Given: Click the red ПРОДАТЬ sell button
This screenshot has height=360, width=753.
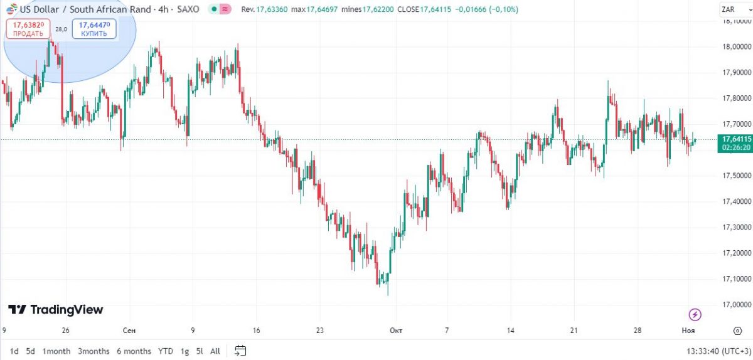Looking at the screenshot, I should (28, 29).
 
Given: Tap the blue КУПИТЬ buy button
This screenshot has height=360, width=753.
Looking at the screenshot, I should (94, 29).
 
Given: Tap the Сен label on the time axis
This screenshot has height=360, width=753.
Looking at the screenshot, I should (129, 331).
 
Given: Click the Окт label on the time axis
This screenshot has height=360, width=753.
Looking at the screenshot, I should (395, 331).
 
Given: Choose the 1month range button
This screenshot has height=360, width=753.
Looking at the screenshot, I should (56, 351).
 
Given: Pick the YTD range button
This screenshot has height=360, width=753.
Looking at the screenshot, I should (166, 351).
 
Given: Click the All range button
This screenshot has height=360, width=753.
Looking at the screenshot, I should (215, 351).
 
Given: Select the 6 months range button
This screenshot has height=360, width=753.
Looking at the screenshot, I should (134, 351).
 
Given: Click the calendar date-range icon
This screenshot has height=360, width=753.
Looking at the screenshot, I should (240, 351).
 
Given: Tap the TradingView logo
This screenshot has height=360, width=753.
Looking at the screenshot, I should (55, 310).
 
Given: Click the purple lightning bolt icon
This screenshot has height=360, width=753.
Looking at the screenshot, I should (695, 314).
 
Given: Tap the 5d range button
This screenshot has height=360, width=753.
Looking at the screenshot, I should (30, 351).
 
